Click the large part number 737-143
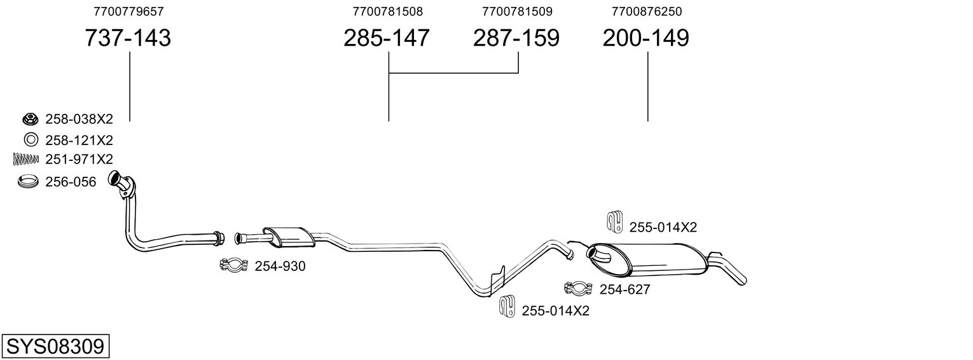coord(128,38)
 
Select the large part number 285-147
coord(387,38)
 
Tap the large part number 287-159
coord(516,38)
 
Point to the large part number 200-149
coord(645,38)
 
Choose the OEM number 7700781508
coord(387,11)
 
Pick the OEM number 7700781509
coord(517,11)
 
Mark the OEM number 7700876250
coord(646,11)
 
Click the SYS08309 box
coord(55,347)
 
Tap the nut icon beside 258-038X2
coord(29,119)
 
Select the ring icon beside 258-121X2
coord(29,140)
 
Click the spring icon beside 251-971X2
coord(26,159)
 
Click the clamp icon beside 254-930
coord(233,266)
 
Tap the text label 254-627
coord(625,290)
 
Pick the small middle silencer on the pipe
coord(288,236)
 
